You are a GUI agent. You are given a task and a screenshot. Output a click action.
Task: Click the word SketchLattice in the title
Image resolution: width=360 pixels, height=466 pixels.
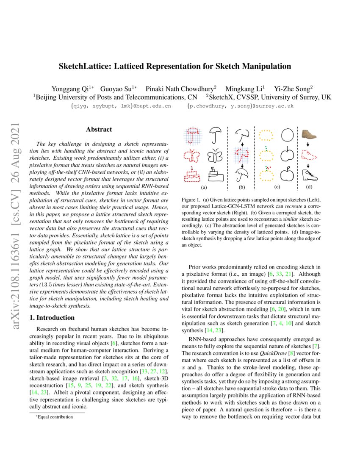pyautogui.click(x=86, y=66)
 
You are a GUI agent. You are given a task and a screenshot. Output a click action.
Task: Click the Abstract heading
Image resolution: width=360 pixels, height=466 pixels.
pyautogui.click(x=99, y=130)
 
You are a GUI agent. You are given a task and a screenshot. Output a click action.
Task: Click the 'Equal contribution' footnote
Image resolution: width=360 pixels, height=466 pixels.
pyautogui.click(x=55, y=417)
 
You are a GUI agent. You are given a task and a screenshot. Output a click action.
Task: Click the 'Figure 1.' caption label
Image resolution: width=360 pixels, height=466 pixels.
pyautogui.click(x=191, y=200)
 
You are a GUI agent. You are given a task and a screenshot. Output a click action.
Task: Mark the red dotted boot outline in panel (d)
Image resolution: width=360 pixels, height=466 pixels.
pyautogui.click(x=311, y=154)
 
